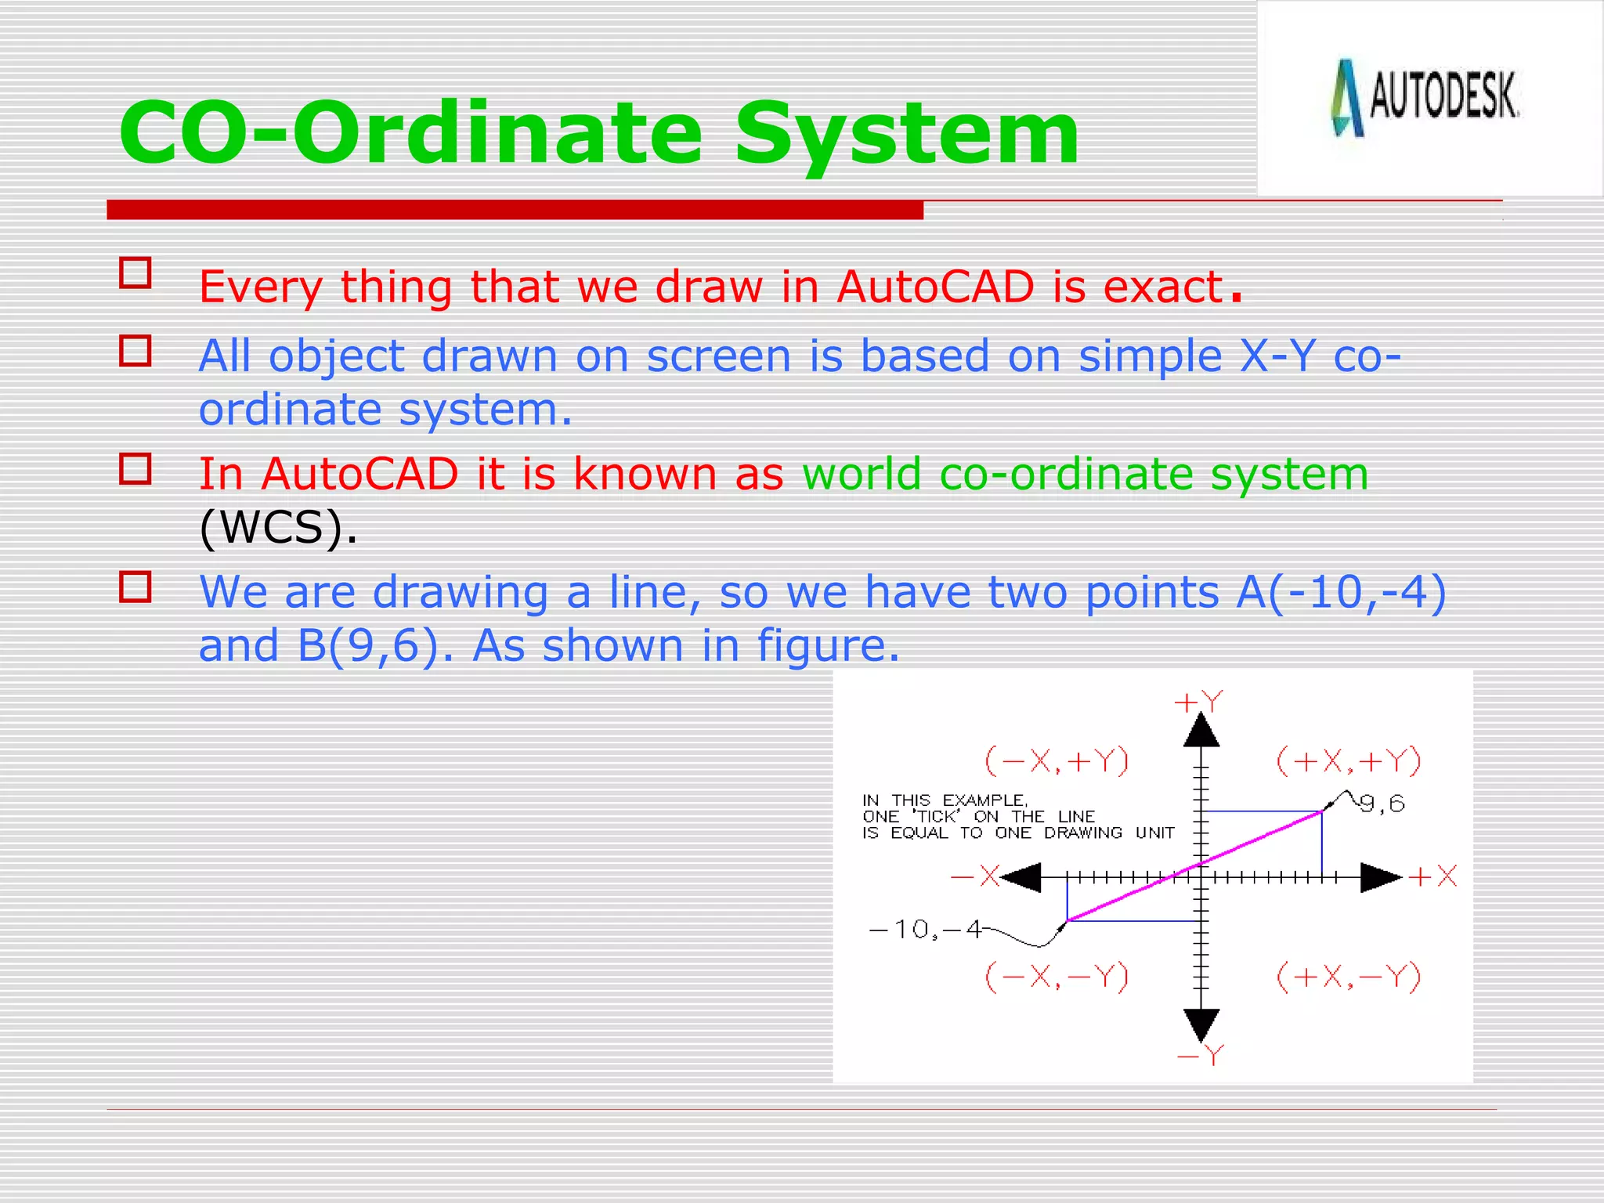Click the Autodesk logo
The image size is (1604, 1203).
[1425, 98]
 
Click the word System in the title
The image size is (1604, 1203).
[907, 135]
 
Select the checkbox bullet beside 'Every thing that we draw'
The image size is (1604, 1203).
[135, 273]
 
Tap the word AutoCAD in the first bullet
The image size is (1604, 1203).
[935, 287]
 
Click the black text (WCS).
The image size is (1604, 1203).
[277, 527]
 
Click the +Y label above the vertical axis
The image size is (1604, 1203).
[1198, 702]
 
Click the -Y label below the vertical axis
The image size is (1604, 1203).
[1201, 1057]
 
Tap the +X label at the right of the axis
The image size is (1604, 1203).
[1432, 876]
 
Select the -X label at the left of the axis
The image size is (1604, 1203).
[975, 876]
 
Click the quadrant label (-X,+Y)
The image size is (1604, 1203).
[1056, 761]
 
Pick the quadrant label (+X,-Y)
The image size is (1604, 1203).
[1348, 977]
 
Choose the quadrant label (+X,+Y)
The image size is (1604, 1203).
[1348, 761]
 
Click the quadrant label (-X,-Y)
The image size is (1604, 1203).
[1056, 977]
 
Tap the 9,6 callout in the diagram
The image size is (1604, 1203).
[1382, 804]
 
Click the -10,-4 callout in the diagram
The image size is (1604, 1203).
[925, 930]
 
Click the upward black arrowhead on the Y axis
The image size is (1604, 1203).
[1201, 731]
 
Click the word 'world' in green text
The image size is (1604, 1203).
[861, 475]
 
